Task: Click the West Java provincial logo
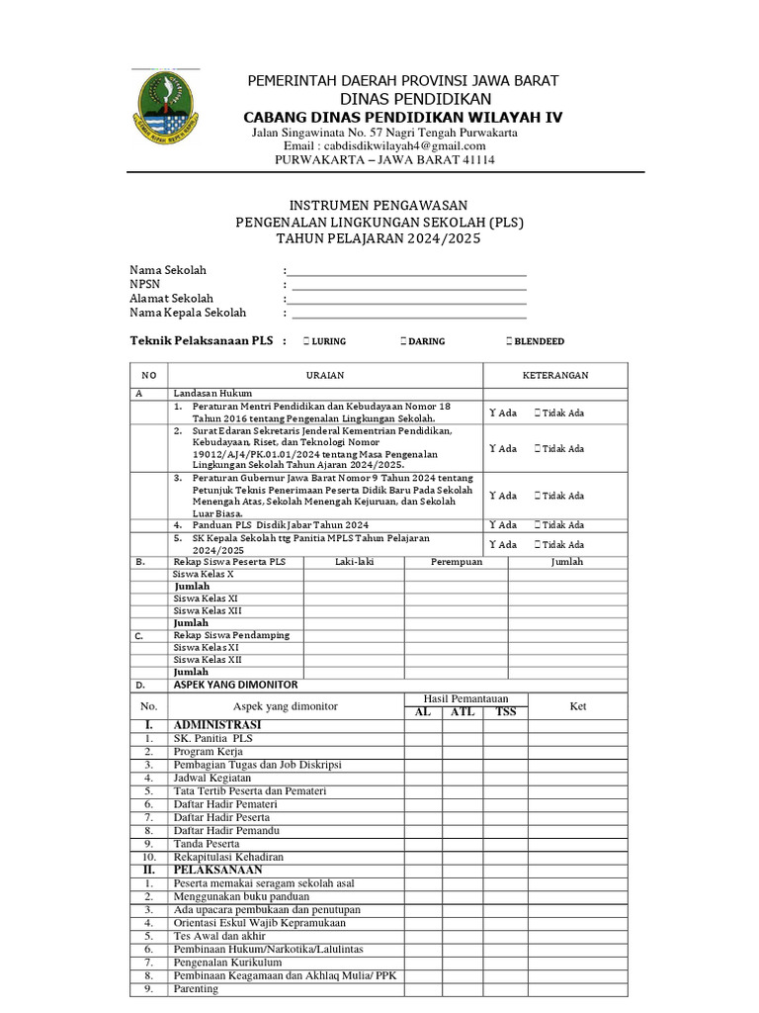pos(165,106)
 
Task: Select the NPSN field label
pos(144,284)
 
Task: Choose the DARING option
pos(402,341)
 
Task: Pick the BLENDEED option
pos(508,341)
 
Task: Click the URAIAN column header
pos(324,376)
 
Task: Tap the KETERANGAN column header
pos(554,376)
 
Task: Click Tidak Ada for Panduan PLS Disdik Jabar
pos(558,525)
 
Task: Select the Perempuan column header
pos(456,562)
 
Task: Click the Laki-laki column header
pos(353,562)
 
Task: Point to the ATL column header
pos(462,712)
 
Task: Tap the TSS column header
pos(505,712)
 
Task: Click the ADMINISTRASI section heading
pos(216,725)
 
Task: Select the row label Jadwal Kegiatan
pos(211,778)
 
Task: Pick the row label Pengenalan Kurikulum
pos(227,962)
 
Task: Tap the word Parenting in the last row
pos(196,988)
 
